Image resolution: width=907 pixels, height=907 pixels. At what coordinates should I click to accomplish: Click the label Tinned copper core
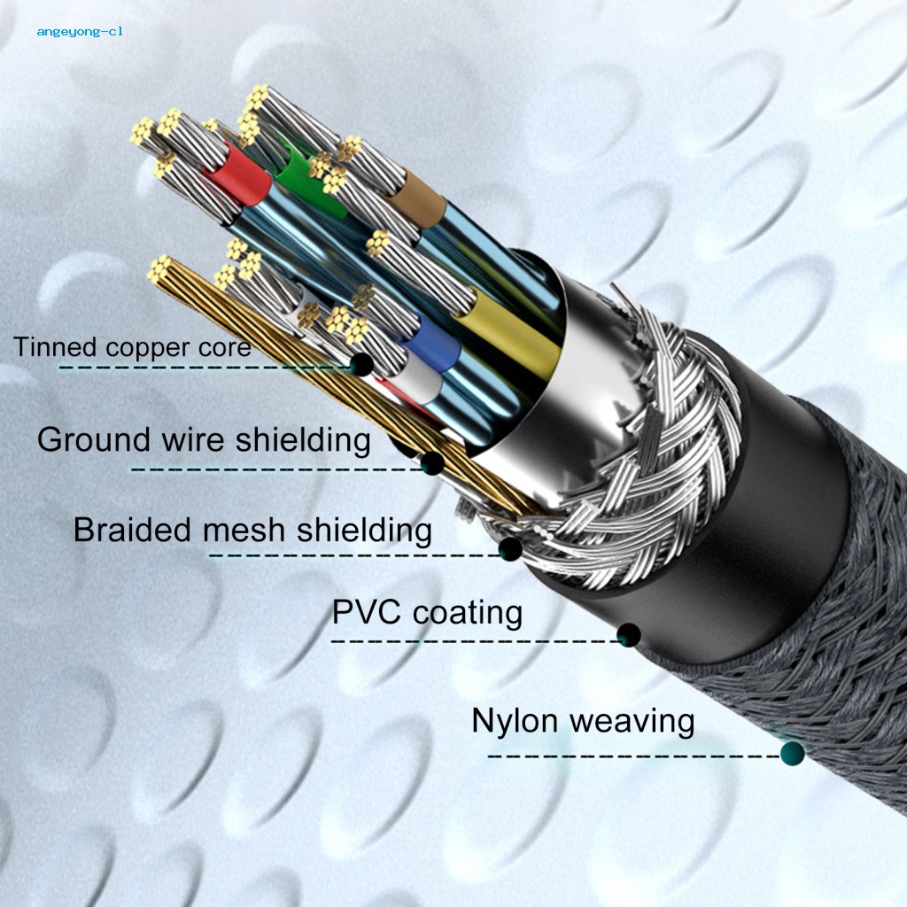pyautogui.click(x=132, y=346)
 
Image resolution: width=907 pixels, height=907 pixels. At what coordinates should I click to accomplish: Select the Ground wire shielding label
pyautogui.click(x=204, y=439)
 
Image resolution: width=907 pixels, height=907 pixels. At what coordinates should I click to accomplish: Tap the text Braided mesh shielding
pyautogui.click(x=252, y=530)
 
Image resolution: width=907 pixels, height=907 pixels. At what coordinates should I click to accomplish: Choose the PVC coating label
pyautogui.click(x=427, y=612)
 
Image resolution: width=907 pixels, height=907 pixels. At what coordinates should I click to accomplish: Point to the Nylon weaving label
pyautogui.click(x=583, y=720)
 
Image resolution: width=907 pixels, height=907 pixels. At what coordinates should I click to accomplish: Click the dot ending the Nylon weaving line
pyautogui.click(x=793, y=754)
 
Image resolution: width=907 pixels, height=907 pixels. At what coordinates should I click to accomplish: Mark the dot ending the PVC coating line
pyautogui.click(x=629, y=634)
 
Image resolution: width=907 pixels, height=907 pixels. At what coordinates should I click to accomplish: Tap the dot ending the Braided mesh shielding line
pyautogui.click(x=509, y=550)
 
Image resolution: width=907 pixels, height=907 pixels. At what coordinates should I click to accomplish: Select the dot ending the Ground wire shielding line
pyautogui.click(x=431, y=462)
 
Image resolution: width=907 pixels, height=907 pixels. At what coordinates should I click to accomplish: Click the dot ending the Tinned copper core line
pyautogui.click(x=360, y=363)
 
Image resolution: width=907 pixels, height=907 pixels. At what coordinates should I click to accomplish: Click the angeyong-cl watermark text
pyautogui.click(x=80, y=31)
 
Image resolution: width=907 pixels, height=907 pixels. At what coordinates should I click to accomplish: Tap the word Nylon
pyautogui.click(x=513, y=720)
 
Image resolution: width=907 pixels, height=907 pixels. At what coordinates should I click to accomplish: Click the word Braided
pyautogui.click(x=132, y=530)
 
